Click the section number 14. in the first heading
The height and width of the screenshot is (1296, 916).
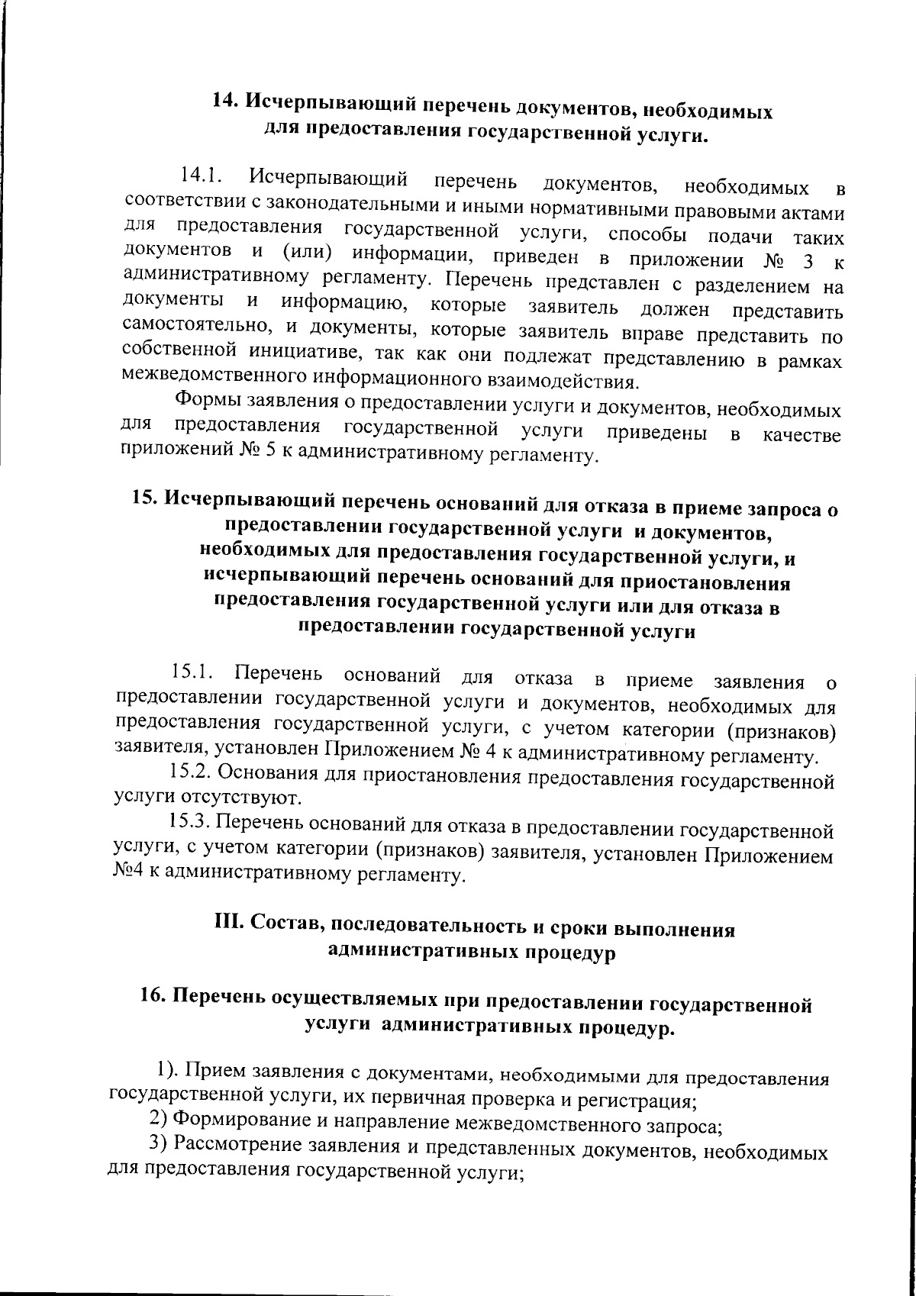[227, 102]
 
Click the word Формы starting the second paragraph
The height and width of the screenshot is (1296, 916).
[201, 400]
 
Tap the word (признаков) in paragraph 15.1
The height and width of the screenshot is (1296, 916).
[782, 731]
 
